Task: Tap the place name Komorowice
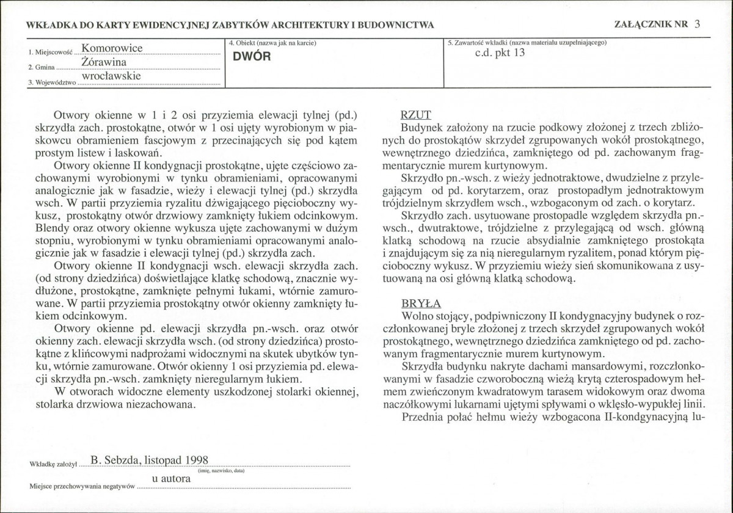[112, 48]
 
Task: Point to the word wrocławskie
[111, 77]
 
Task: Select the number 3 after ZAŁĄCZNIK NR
[698, 24]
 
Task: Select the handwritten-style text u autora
[171, 479]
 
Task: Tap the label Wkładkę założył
[51, 464]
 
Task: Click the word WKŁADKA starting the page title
[49, 25]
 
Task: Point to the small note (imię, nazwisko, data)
[221, 470]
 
